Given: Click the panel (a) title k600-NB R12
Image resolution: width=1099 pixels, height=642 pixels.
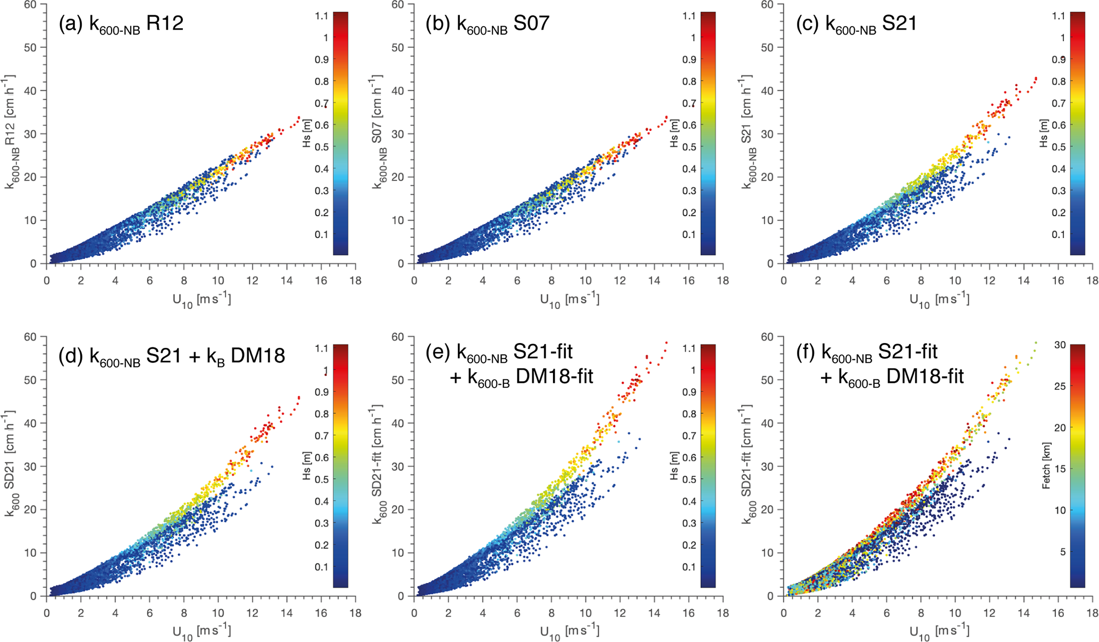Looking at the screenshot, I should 121,24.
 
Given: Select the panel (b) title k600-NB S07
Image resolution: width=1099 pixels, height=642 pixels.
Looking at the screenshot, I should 488,24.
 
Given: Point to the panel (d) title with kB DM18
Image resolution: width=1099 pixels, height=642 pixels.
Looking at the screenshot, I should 172,356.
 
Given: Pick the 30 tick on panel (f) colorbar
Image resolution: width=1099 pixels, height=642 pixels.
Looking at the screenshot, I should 1060,345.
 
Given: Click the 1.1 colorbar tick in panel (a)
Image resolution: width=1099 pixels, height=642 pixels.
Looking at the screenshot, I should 322,16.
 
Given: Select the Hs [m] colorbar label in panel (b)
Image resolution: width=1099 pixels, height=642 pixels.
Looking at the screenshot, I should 674,133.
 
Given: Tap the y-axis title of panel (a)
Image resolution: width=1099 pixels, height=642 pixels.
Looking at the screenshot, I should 11,132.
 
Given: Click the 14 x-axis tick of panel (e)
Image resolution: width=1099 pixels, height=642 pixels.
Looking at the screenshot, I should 654,613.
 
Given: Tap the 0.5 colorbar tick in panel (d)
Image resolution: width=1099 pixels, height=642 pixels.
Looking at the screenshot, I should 322,479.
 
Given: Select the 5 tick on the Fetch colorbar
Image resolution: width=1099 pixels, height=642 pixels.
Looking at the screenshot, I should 1062,552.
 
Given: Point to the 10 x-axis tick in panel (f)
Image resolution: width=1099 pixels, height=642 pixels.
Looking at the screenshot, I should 955,613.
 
